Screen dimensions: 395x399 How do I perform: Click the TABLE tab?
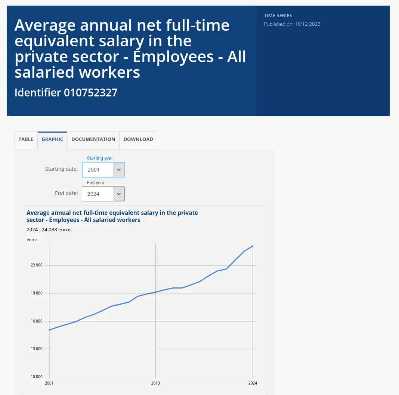tap(26, 139)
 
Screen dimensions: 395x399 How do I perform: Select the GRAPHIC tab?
tap(52, 139)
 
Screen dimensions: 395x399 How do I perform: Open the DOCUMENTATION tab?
tap(93, 139)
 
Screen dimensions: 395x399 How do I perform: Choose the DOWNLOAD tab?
tap(138, 139)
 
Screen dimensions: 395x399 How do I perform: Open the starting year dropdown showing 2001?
tap(103, 170)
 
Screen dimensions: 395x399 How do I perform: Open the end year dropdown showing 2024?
tap(103, 194)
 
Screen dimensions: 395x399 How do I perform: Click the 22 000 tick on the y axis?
tap(37, 265)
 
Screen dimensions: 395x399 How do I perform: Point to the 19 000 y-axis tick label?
tap(37, 293)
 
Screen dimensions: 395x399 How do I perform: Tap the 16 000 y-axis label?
tap(37, 321)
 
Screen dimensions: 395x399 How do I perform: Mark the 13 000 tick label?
tap(37, 349)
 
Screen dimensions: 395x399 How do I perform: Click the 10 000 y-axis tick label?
tap(37, 377)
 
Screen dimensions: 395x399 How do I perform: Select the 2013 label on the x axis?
tap(155, 383)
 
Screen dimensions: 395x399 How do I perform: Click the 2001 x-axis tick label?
tap(49, 383)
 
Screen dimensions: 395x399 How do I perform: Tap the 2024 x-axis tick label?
tap(253, 383)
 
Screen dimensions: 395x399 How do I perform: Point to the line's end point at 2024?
tap(253, 246)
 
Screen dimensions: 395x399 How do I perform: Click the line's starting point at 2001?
tap(49, 330)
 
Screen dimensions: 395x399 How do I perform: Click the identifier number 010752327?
tap(91, 93)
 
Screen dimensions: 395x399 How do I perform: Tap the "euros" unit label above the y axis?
tap(32, 240)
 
